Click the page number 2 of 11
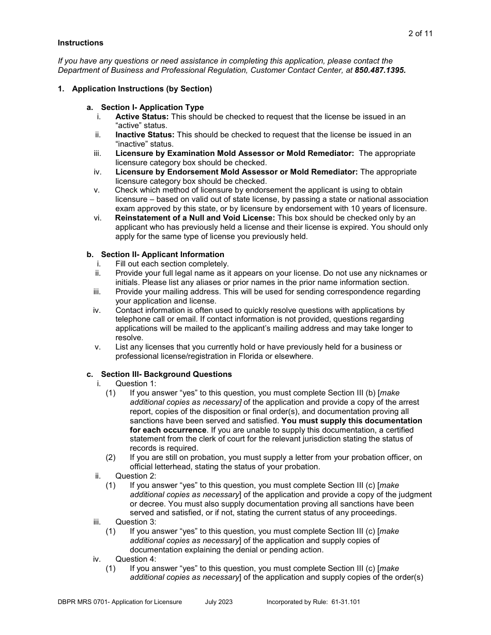(x=420, y=34)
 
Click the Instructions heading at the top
(x=80, y=43)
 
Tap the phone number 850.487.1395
(x=380, y=70)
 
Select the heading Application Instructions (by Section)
(x=142, y=89)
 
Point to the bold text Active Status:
(x=142, y=117)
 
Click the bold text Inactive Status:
(x=145, y=135)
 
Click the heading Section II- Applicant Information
(x=162, y=255)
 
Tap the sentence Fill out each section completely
(x=172, y=264)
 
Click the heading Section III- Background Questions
(x=166, y=374)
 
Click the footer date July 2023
(x=219, y=602)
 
